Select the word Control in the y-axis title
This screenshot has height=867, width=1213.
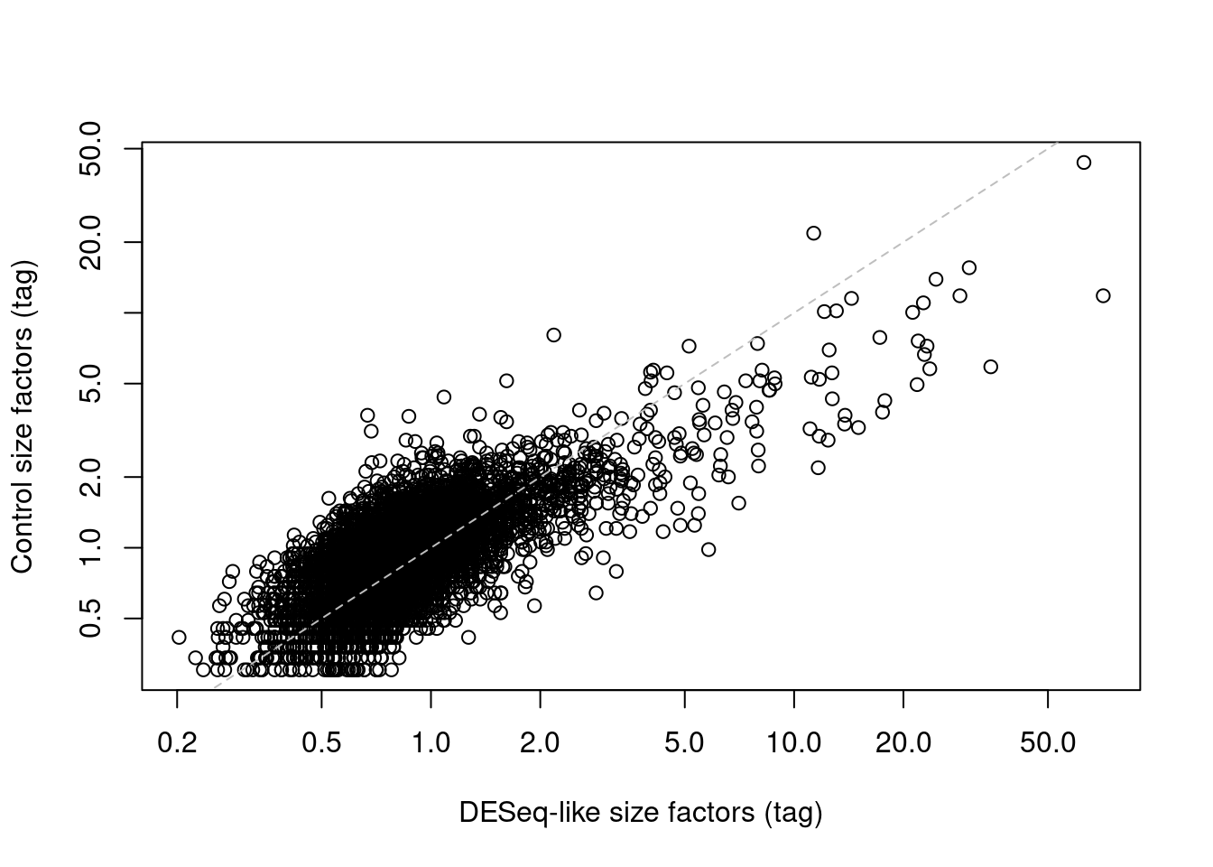click(x=23, y=524)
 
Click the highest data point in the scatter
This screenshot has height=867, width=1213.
click(x=1084, y=163)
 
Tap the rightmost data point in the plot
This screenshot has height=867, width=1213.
click(x=1103, y=295)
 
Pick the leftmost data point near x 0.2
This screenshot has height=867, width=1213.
click(x=179, y=638)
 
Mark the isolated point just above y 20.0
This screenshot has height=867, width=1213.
click(x=813, y=233)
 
